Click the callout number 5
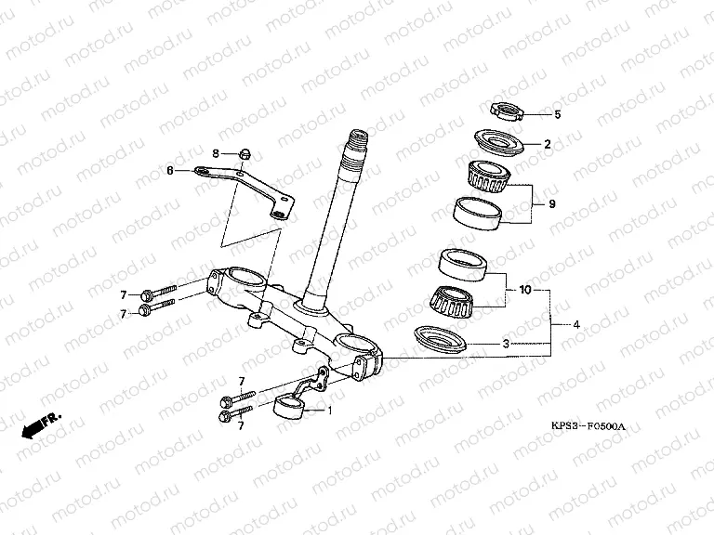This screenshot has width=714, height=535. (x=558, y=114)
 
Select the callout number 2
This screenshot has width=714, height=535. (x=548, y=144)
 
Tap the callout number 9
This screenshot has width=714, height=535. (x=552, y=203)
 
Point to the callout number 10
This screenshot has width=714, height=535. (x=525, y=290)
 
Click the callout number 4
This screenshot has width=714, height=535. (x=576, y=325)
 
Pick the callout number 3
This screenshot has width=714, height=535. (x=506, y=344)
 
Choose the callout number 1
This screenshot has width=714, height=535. (x=330, y=411)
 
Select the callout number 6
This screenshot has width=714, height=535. (x=170, y=171)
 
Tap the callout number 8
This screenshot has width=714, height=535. (x=216, y=154)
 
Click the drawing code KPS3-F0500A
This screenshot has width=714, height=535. (x=588, y=426)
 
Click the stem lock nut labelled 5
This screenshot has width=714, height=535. (x=506, y=111)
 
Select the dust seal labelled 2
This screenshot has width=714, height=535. (x=498, y=142)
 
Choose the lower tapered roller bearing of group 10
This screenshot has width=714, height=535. (x=453, y=301)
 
